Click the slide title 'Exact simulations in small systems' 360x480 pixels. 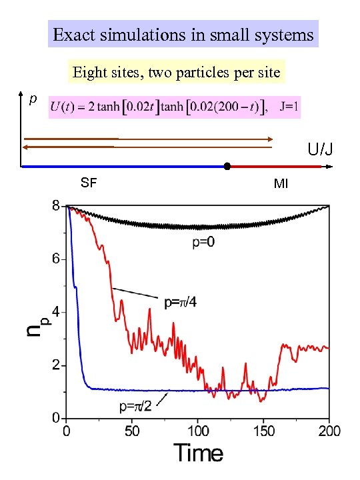click(x=183, y=34)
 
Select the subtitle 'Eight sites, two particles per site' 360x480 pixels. click(x=177, y=71)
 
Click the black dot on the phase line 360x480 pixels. click(x=227, y=166)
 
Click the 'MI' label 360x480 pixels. click(x=281, y=183)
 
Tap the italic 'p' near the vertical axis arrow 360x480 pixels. click(x=31, y=99)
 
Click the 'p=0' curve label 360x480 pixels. click(x=204, y=244)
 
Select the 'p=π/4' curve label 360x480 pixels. click(x=185, y=302)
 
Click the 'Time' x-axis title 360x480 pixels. click(x=199, y=453)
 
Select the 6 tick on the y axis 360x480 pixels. click(x=57, y=259)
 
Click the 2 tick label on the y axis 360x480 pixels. click(x=57, y=365)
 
